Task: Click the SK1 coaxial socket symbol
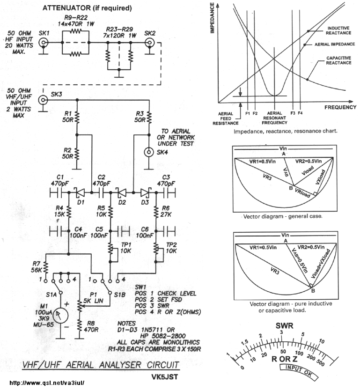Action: click(44, 43)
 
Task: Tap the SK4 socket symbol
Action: click(149, 152)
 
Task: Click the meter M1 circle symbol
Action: click(60, 316)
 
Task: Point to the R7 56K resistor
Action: click(45, 267)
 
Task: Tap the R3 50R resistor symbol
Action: click(149, 117)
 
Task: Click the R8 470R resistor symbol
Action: click(79, 326)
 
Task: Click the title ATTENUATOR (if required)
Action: click(87, 8)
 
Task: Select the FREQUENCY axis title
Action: click(340, 107)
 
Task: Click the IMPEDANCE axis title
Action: click(212, 18)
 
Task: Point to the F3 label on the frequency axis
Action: click(293, 113)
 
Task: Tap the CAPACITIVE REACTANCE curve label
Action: click(338, 60)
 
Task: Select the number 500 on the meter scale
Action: click(320, 362)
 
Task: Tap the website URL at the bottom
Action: click(47, 383)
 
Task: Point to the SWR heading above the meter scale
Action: click(284, 325)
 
